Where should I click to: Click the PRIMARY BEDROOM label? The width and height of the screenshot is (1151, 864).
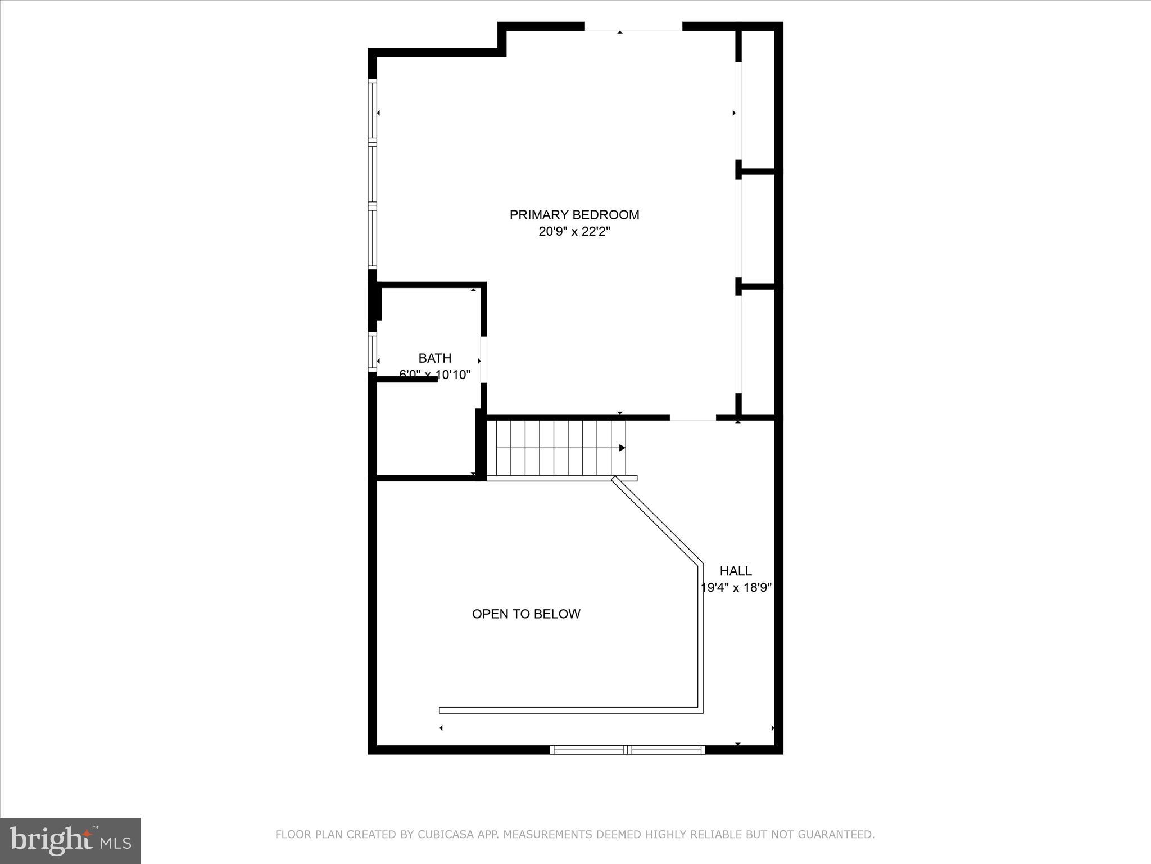click(574, 215)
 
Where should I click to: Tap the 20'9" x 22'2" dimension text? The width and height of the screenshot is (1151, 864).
click(574, 232)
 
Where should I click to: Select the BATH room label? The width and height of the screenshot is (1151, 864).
click(434, 358)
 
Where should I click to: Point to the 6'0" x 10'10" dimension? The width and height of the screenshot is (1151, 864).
click(434, 375)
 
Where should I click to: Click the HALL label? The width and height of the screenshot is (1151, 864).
click(735, 571)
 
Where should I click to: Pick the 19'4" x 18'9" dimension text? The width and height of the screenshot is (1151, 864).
click(735, 588)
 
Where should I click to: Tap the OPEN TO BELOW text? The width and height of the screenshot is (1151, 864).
click(525, 614)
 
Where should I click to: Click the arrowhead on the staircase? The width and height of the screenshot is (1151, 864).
click(622, 448)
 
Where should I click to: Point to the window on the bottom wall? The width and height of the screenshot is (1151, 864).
click(627, 749)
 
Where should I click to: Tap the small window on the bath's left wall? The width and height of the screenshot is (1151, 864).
click(372, 352)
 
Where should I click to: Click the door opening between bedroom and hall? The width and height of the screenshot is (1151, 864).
click(692, 418)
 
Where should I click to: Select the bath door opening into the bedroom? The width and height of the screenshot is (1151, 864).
click(483, 360)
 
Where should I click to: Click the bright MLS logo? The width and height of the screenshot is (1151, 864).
click(70, 840)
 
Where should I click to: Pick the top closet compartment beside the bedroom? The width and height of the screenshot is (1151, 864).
click(758, 100)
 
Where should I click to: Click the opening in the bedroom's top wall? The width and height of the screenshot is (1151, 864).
click(633, 26)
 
